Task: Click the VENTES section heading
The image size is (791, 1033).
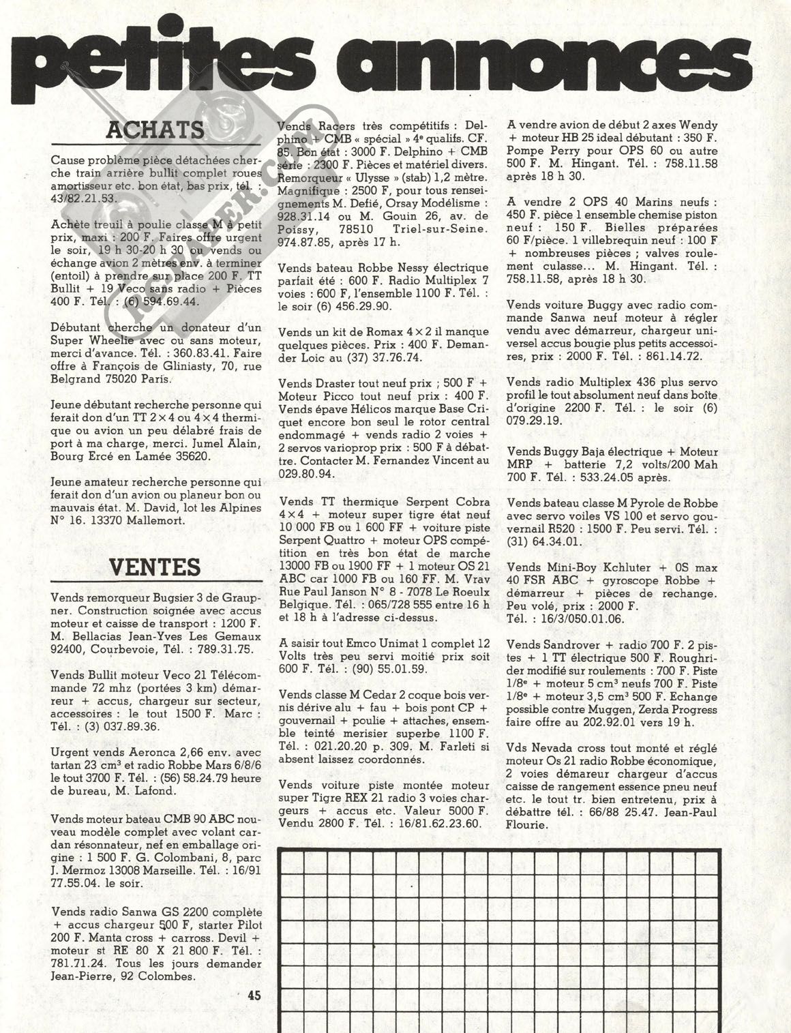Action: [x=155, y=567]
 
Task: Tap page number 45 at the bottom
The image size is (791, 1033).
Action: [x=254, y=995]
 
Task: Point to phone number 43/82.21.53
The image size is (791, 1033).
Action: [x=85, y=198]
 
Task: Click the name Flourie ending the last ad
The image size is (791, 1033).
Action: [x=530, y=825]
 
